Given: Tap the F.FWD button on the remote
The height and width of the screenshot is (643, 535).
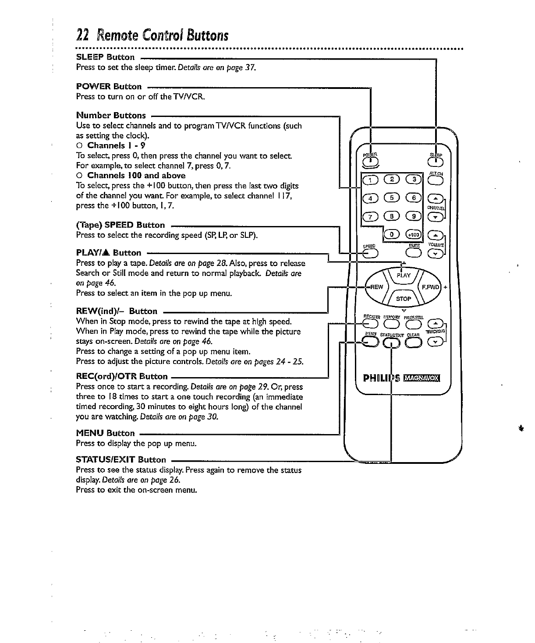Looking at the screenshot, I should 430,287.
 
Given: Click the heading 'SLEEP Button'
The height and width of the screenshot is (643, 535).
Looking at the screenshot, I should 106,57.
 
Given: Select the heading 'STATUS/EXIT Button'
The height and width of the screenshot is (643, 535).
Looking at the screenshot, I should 121,459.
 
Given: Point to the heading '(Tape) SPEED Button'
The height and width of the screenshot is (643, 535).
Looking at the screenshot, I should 120,225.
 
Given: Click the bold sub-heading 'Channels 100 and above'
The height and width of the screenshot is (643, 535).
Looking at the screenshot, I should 136,175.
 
